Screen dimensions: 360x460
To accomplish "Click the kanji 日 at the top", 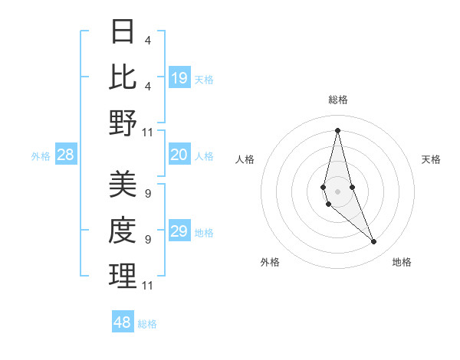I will [123, 32].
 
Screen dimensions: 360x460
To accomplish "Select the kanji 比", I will [123, 77].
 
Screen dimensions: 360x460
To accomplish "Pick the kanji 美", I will [123, 185].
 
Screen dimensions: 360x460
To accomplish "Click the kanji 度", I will [123, 231].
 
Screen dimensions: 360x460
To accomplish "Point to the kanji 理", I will [123, 276].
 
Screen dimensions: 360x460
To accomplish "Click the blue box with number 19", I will [179, 77].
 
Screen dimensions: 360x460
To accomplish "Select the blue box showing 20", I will [179, 155].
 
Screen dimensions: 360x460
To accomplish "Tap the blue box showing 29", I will [179, 231].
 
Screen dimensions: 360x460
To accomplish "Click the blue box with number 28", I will [66, 155].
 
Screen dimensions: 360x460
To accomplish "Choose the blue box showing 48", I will [123, 322].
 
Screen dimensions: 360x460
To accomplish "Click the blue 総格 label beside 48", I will [147, 324].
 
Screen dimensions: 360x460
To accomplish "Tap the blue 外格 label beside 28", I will [41, 156].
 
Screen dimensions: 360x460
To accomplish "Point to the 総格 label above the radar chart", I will [337, 100].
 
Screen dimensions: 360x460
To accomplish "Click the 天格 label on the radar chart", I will [432, 159].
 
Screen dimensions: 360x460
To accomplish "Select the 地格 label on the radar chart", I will [402, 262].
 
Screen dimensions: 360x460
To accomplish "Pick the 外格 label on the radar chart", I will [269, 262].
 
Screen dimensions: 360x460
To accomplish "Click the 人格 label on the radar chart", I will [245, 159].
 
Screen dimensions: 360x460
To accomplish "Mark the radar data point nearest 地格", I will [374, 242].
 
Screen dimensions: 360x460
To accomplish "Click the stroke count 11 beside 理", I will [148, 286].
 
